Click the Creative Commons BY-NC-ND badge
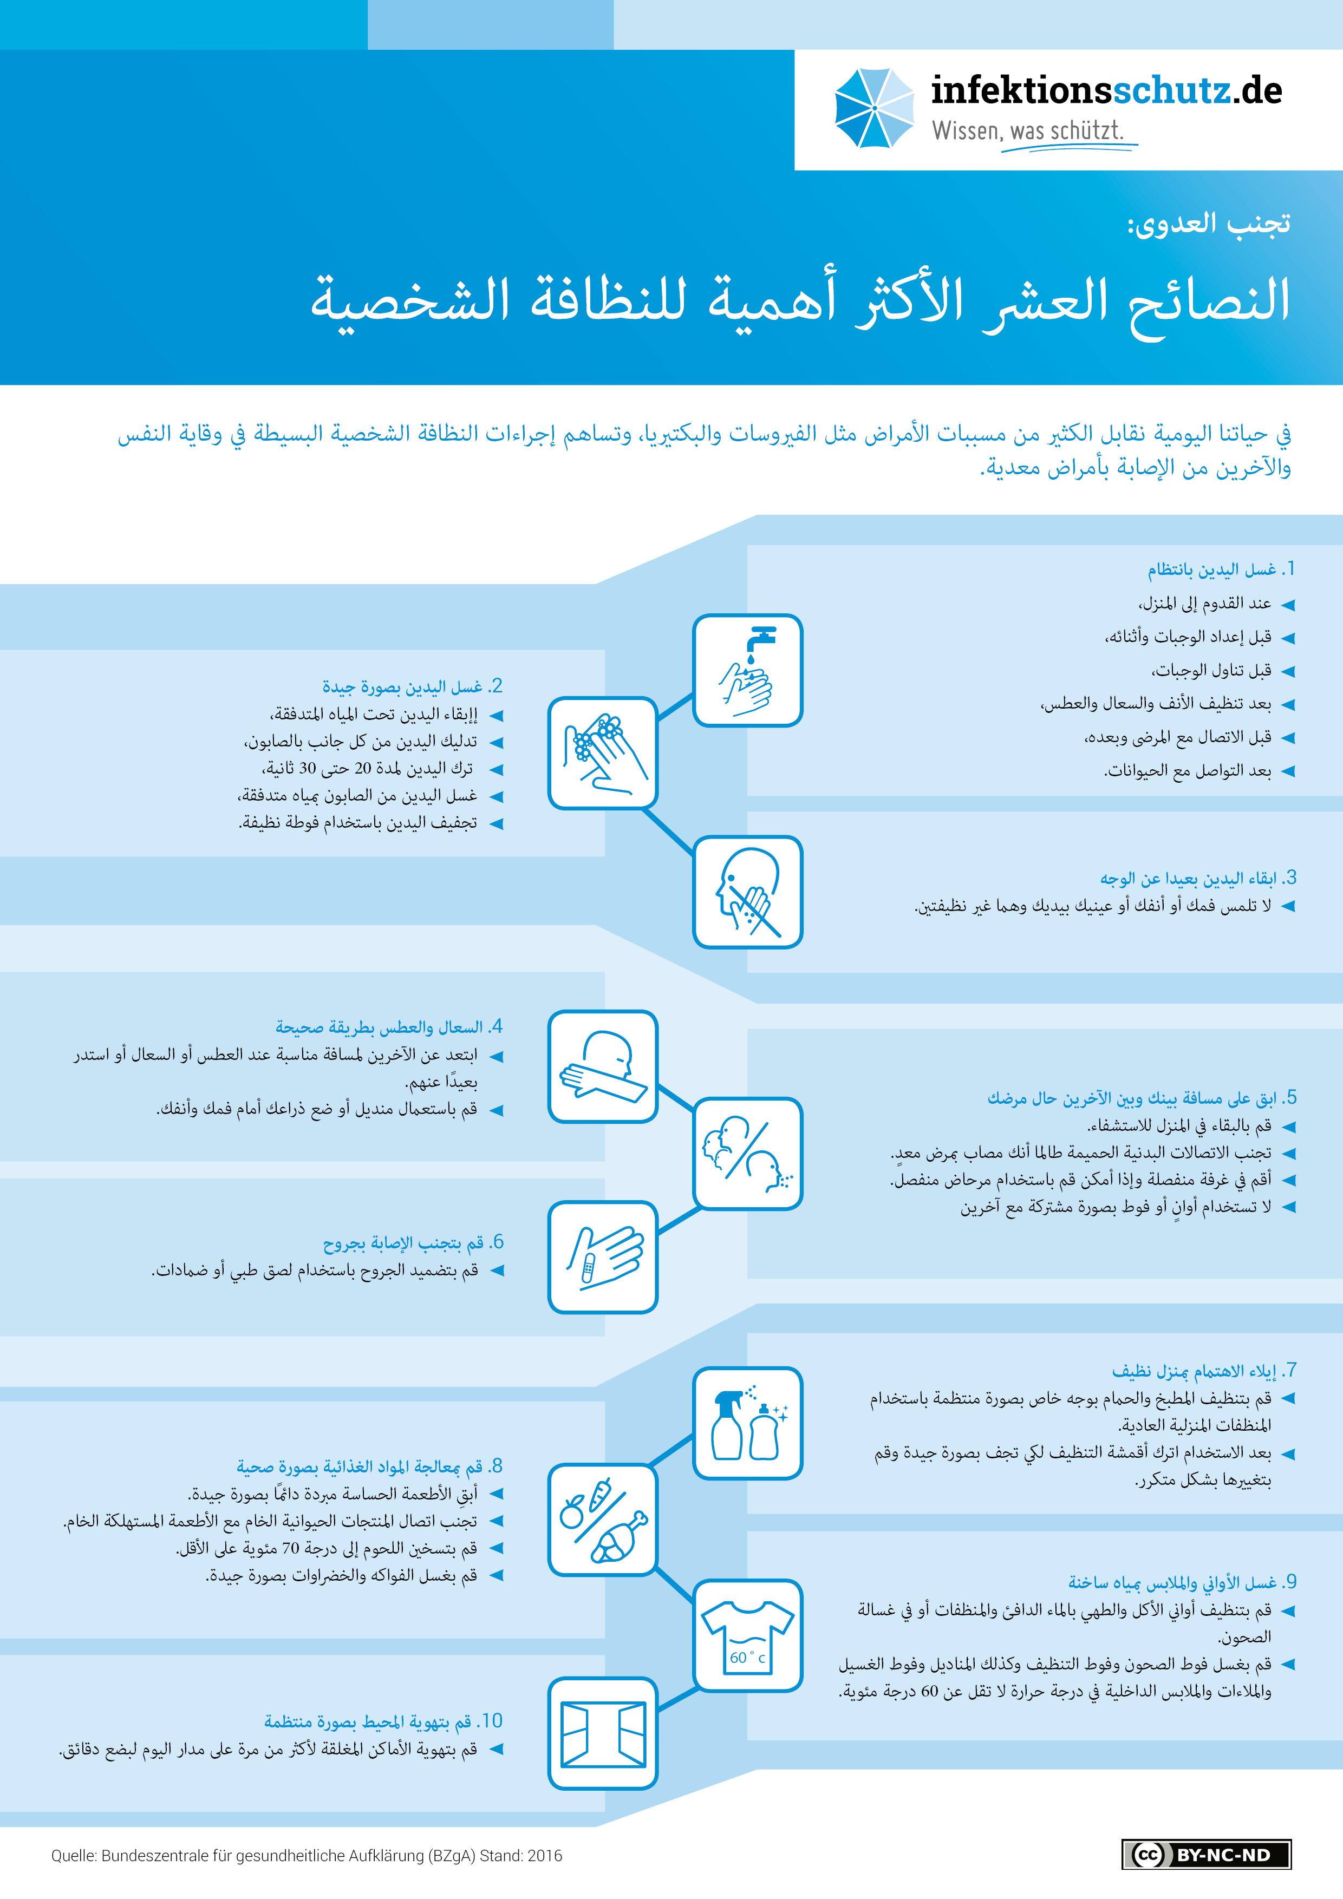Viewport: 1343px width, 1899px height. point(1205,1854)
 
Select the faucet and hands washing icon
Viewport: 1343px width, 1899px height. point(747,670)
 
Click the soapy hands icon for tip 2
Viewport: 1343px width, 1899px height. point(602,752)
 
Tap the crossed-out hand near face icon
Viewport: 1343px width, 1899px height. point(747,892)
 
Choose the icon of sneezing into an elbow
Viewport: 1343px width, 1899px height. point(602,1066)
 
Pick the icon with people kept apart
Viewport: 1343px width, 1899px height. point(747,1153)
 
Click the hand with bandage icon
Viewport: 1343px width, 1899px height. point(602,1257)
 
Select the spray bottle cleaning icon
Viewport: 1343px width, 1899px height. point(747,1423)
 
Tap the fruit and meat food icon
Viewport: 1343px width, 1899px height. point(602,1520)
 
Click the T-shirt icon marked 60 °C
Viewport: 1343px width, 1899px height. point(747,1636)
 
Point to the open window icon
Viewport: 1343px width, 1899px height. point(602,1733)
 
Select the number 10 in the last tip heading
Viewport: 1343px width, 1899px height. point(492,1721)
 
